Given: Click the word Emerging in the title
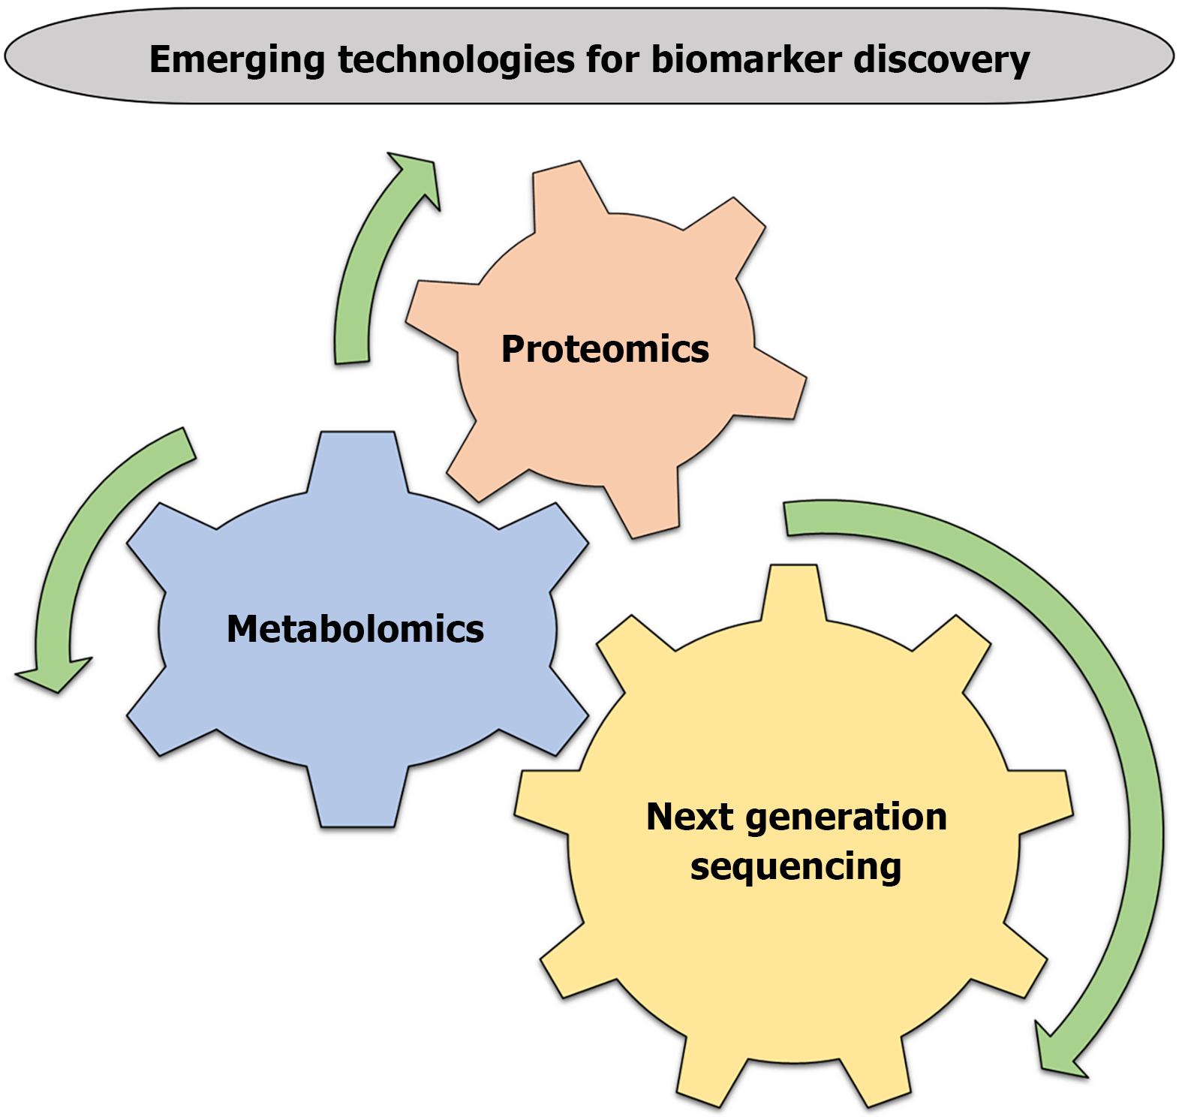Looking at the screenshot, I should (236, 60).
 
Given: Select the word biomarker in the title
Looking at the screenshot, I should (746, 60).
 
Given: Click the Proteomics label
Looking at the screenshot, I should (605, 349).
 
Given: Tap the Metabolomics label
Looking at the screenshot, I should (355, 629).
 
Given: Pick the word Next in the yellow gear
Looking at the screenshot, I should (690, 817).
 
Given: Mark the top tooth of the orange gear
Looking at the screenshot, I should (563, 191).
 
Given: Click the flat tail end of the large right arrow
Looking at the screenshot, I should (786, 519).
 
